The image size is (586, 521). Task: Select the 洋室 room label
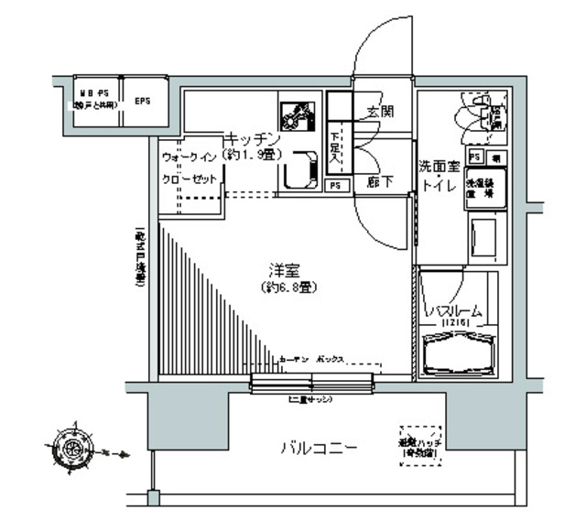[x=280, y=271]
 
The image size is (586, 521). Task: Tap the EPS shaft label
[x=144, y=101]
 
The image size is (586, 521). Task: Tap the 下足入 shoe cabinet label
[x=335, y=144]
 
